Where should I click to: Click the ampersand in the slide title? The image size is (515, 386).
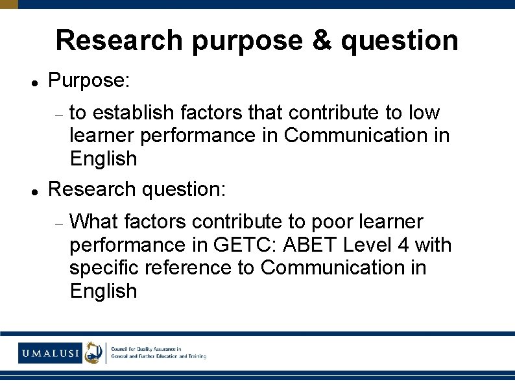323,40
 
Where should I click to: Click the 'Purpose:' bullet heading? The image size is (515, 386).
90,81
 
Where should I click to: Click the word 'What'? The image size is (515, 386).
94,222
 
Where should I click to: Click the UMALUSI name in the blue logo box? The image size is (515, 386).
50,353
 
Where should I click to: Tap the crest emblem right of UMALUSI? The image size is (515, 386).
95,352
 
